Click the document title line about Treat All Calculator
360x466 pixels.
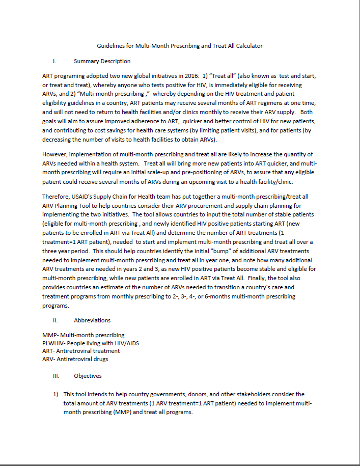180,46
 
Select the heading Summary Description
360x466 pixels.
102,61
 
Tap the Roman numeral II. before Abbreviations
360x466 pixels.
56,320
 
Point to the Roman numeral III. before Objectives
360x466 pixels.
56,376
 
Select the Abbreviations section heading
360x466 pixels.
92,320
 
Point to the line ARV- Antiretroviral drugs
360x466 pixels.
75,359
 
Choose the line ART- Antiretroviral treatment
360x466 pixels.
81,351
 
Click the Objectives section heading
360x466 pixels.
88,376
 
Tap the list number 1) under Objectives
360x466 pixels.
56,394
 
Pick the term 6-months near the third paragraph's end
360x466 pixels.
212,296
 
